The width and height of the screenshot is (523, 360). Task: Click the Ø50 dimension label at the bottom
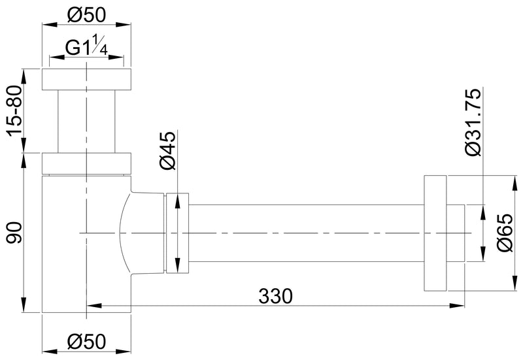click(x=86, y=340)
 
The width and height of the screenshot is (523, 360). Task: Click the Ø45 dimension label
click(x=167, y=151)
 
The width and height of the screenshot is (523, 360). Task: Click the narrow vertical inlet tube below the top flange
click(x=86, y=121)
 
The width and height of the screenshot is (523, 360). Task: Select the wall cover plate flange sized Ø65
click(x=435, y=233)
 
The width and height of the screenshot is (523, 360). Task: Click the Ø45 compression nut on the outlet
click(x=178, y=233)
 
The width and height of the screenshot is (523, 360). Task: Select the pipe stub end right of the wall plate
click(x=456, y=233)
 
